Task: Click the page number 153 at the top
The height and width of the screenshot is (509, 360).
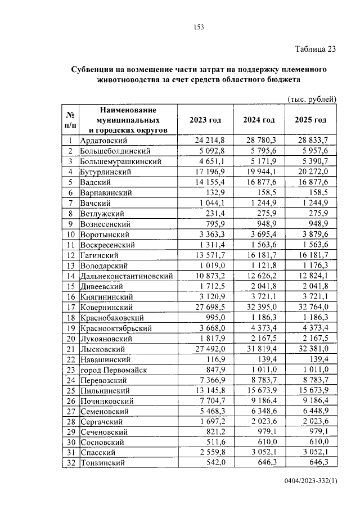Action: pos(198,26)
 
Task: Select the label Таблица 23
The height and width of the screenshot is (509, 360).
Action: pos(316,48)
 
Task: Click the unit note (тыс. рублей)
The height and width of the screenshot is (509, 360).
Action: pos(312,99)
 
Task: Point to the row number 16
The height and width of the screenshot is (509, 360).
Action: pos(71,297)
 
